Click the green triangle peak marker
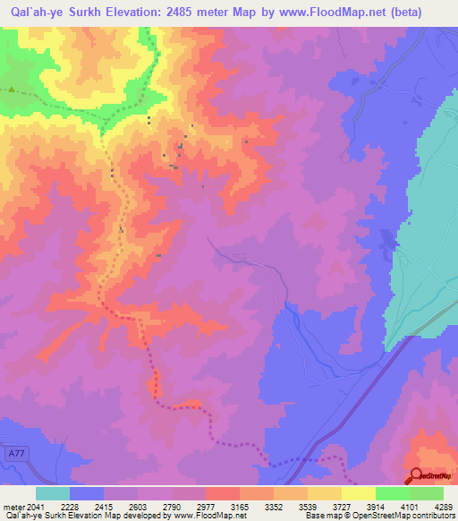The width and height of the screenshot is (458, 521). (x=12, y=90)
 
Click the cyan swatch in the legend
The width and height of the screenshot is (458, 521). (x=53, y=493)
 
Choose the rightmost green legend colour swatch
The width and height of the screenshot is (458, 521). (x=426, y=493)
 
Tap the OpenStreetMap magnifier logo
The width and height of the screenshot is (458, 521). (x=414, y=474)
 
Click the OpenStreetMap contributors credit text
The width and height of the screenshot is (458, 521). (x=403, y=517)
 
